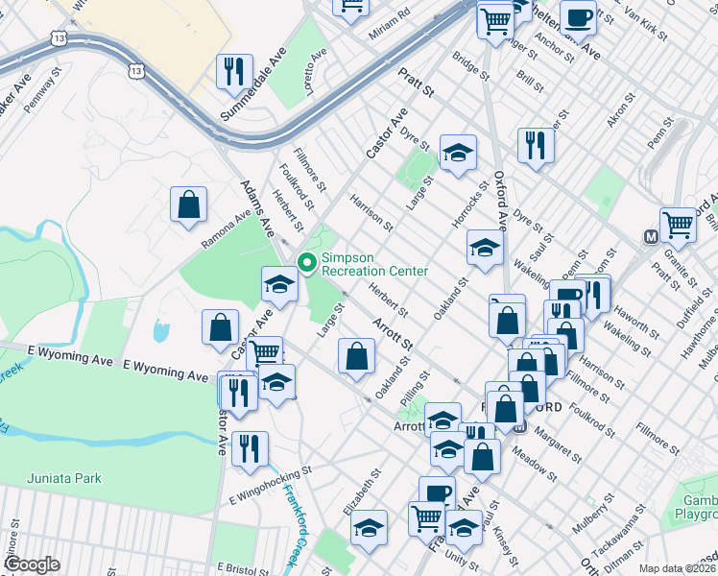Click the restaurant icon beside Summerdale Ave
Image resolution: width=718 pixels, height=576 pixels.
click(x=234, y=70)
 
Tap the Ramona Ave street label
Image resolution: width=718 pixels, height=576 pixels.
click(x=227, y=234)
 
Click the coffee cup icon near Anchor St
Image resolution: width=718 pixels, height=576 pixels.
click(x=578, y=16)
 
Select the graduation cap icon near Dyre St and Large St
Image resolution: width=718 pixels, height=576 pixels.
click(x=458, y=152)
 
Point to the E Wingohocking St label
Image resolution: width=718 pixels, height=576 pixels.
click(x=272, y=486)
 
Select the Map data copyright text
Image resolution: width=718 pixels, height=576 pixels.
click(x=677, y=568)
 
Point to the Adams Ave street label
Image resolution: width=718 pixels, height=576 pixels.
click(x=259, y=206)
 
